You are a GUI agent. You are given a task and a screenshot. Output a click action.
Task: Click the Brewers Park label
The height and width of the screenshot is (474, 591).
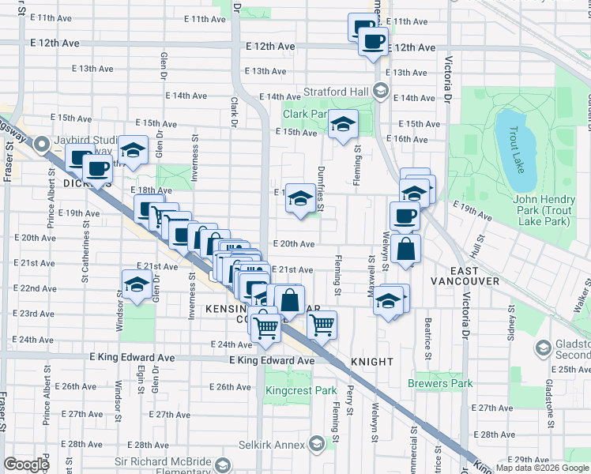pyautogui.click(x=440, y=383)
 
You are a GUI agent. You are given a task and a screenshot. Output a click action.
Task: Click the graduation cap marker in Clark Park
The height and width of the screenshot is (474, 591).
pyautogui.click(x=343, y=124)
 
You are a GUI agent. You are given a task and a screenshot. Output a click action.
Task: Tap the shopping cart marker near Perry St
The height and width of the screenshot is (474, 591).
pyautogui.click(x=322, y=325)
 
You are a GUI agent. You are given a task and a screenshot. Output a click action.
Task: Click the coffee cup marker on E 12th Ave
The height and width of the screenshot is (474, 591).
pyautogui.click(x=374, y=40)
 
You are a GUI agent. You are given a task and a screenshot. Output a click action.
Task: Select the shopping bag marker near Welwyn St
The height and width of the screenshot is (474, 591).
pyautogui.click(x=405, y=249)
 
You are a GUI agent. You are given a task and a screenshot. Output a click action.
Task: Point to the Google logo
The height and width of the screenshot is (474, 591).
pyautogui.click(x=26, y=465)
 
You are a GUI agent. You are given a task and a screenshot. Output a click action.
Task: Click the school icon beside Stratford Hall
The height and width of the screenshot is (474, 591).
pyautogui.click(x=381, y=91)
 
